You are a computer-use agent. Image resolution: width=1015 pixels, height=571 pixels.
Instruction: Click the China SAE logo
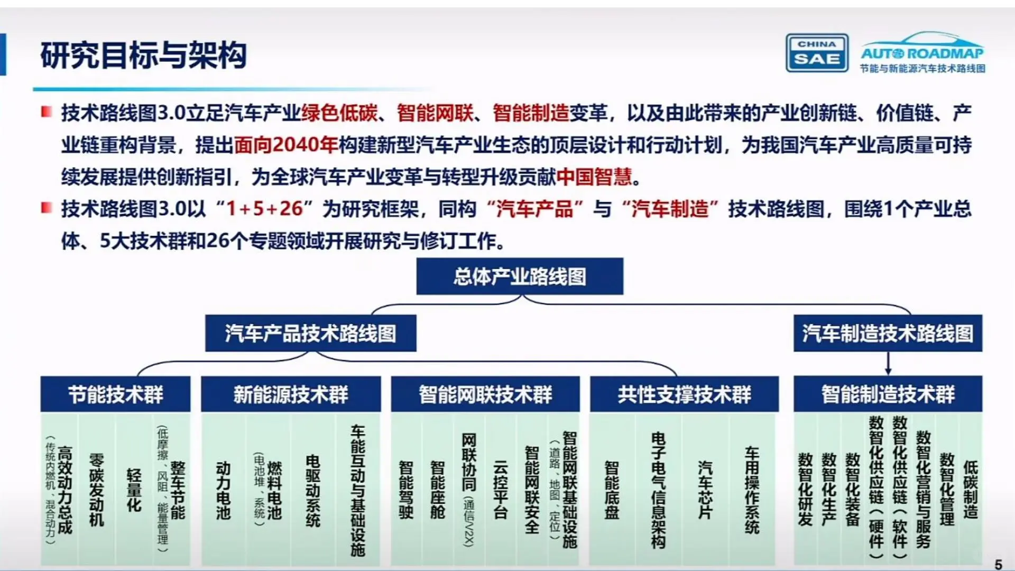click(x=817, y=53)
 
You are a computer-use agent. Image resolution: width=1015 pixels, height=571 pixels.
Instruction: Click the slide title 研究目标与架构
click(x=144, y=55)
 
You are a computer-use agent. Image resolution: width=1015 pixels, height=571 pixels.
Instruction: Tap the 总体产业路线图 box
click(x=520, y=277)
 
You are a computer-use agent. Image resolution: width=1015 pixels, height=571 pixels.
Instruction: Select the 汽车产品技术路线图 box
click(x=310, y=334)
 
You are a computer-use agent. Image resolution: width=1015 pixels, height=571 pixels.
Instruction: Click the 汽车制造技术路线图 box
click(x=888, y=334)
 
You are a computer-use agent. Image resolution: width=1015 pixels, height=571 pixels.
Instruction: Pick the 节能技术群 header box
click(x=115, y=394)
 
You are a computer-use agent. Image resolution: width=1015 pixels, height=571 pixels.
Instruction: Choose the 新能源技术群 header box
click(x=291, y=394)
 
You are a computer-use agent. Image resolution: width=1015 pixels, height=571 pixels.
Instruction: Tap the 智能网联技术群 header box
click(x=485, y=394)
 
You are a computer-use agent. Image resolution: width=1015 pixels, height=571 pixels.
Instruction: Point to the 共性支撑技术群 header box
click(x=684, y=394)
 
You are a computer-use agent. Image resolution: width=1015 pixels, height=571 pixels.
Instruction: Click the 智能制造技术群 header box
click(x=888, y=394)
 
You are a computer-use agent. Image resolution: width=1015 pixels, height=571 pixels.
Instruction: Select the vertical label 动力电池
click(x=223, y=491)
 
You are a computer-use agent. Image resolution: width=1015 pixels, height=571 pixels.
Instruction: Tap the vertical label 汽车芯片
click(x=705, y=490)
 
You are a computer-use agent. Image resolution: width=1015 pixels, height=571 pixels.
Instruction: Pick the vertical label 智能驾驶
click(x=406, y=490)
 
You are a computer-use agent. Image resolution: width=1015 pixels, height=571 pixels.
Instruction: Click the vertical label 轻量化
click(x=134, y=490)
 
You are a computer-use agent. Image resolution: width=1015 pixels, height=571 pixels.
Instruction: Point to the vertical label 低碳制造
click(x=971, y=490)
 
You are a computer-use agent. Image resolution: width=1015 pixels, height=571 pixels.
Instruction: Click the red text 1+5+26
click(x=264, y=209)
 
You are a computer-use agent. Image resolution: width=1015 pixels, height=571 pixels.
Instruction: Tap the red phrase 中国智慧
click(x=594, y=177)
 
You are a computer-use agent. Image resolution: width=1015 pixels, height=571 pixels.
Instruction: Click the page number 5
click(x=998, y=564)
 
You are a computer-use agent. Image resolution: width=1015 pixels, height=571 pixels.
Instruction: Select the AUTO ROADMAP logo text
click(x=922, y=53)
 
